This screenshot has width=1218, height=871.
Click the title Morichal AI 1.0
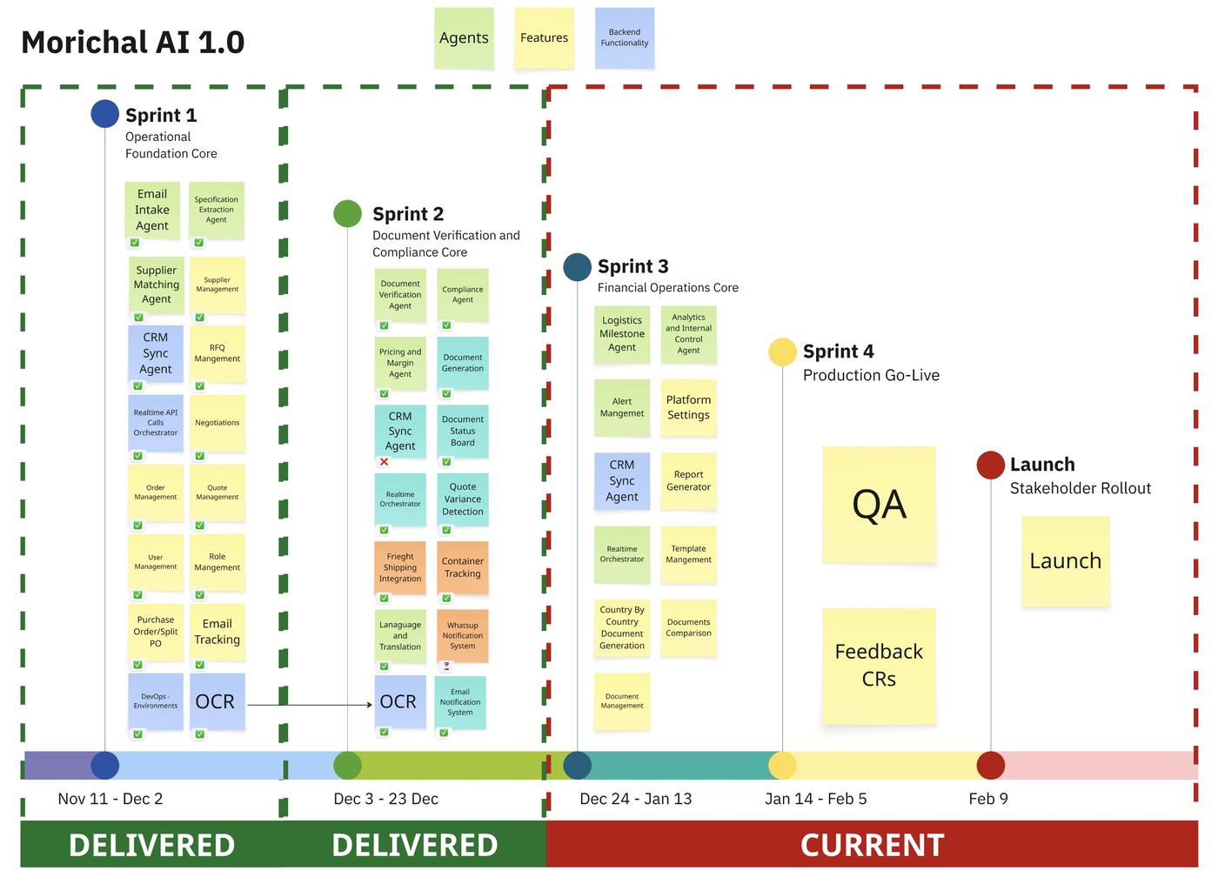[x=133, y=42]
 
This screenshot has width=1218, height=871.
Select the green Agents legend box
[x=464, y=38]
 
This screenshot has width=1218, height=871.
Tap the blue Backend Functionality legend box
[x=624, y=38]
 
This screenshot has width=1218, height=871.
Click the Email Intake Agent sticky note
[x=152, y=210]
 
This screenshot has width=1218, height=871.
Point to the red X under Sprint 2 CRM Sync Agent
[x=384, y=462]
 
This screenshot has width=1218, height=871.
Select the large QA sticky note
[x=879, y=505]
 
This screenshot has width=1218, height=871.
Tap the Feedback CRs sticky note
[x=879, y=666]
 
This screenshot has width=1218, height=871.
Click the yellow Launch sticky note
[x=1065, y=561]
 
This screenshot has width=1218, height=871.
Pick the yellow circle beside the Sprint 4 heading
[x=782, y=352]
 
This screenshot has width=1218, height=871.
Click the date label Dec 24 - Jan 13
[x=635, y=799]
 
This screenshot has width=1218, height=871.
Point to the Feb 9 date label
[x=987, y=799]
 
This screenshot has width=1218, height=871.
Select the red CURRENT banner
[x=872, y=845]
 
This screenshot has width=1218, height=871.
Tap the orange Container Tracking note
[x=463, y=567]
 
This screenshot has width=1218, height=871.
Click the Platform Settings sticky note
[x=688, y=407]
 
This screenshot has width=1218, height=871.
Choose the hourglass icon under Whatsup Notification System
[x=446, y=667]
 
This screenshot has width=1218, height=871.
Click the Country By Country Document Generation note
[x=622, y=627]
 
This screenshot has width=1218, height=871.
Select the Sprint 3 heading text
[x=632, y=266]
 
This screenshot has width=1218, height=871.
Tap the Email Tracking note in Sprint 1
[x=217, y=632]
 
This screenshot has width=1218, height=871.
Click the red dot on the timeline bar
[x=990, y=766]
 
